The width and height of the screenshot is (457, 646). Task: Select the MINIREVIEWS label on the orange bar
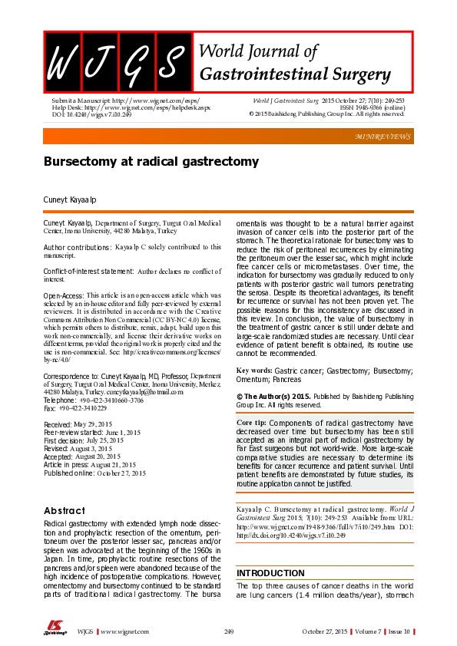pos(383,137)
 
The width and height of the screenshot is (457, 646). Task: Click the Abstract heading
pos(65,510)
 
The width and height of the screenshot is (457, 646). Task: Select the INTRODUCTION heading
pos(270,573)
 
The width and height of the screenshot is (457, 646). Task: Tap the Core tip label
pos(252,423)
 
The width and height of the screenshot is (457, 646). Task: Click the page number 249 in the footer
pos(229,631)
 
